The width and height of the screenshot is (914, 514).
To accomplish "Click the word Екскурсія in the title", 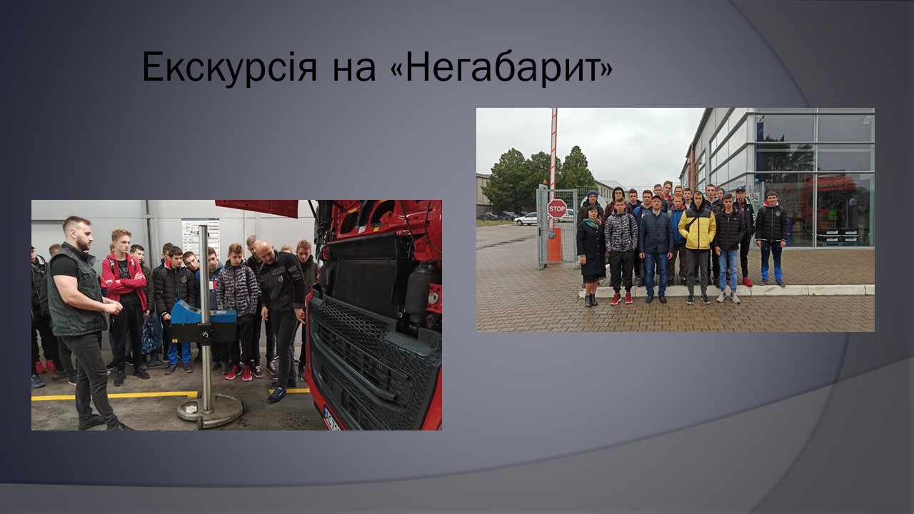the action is (x=229, y=67).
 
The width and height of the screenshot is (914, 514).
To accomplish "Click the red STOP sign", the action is (x=556, y=209).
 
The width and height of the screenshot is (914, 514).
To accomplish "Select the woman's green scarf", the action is (x=592, y=223).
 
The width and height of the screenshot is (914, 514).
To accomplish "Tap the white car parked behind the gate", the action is (x=526, y=219).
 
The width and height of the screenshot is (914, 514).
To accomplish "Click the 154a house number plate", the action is (x=754, y=197).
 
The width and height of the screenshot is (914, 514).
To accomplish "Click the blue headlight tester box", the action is (x=204, y=313).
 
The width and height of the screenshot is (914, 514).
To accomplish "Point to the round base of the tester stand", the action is (x=211, y=410).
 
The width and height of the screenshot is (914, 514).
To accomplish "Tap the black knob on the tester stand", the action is (x=204, y=337).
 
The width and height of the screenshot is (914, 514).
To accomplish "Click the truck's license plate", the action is (x=332, y=420).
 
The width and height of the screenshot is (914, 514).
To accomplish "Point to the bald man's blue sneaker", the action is (x=276, y=395).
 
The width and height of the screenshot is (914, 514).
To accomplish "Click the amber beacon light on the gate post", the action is (x=544, y=182).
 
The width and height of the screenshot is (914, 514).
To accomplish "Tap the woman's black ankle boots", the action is (x=591, y=301).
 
